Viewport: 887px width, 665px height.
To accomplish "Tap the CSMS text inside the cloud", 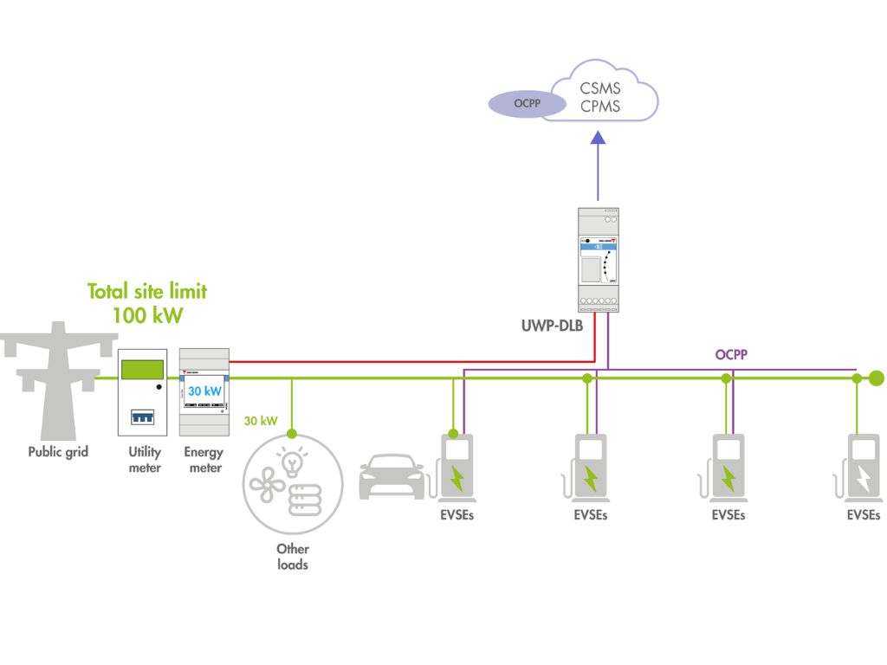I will tap(600, 88).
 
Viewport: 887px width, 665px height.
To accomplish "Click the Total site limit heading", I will tap(147, 292).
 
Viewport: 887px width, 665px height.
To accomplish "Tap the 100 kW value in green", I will tap(147, 315).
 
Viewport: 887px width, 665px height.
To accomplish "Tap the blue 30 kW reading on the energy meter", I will tap(205, 391).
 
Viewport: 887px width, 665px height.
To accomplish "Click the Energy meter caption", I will tap(204, 460).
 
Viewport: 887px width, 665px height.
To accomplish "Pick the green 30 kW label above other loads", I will tap(261, 422).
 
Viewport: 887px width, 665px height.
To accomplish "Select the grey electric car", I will tap(392, 477).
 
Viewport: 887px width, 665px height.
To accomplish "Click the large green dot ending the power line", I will tap(877, 378).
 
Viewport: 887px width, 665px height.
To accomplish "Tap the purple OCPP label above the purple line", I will tap(733, 354).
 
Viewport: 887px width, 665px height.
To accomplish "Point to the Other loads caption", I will tap(293, 556).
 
